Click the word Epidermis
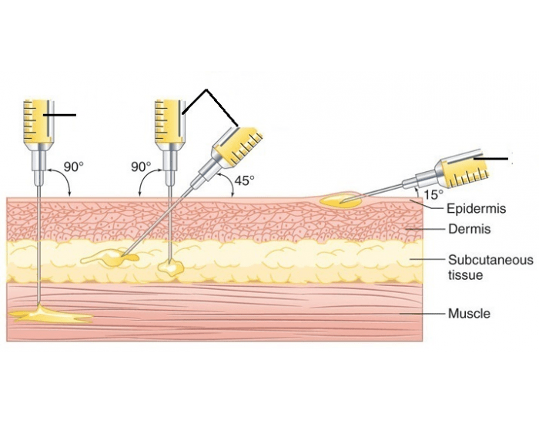click(x=474, y=209)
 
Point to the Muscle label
click(x=469, y=314)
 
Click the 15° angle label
click(x=434, y=195)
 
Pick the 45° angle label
click(x=243, y=180)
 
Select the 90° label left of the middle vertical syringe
click(x=141, y=167)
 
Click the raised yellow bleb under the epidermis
click(x=341, y=200)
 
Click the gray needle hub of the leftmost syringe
click(x=37, y=157)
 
